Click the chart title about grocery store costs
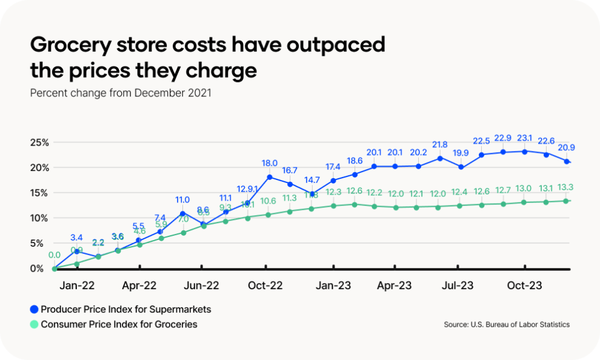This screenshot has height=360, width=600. click(x=208, y=58)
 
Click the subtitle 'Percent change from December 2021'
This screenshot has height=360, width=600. click(x=121, y=93)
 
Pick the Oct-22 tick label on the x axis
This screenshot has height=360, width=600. click(x=265, y=285)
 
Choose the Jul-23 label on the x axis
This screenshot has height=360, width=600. click(x=457, y=285)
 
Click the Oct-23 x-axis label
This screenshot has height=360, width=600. click(x=524, y=285)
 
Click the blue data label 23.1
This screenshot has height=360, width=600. click(x=524, y=138)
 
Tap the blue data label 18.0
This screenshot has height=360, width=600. click(x=269, y=163)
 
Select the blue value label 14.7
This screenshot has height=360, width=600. click(x=312, y=180)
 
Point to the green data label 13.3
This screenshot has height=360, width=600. click(x=565, y=187)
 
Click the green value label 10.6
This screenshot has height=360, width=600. click(x=268, y=201)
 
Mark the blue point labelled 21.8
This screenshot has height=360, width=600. click(x=440, y=158)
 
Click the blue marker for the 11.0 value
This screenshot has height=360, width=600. click(x=182, y=213)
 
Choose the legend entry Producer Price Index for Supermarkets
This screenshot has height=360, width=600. click(x=125, y=309)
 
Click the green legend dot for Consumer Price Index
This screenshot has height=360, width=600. click(x=34, y=324)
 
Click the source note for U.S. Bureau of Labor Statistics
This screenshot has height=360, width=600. click(x=507, y=325)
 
